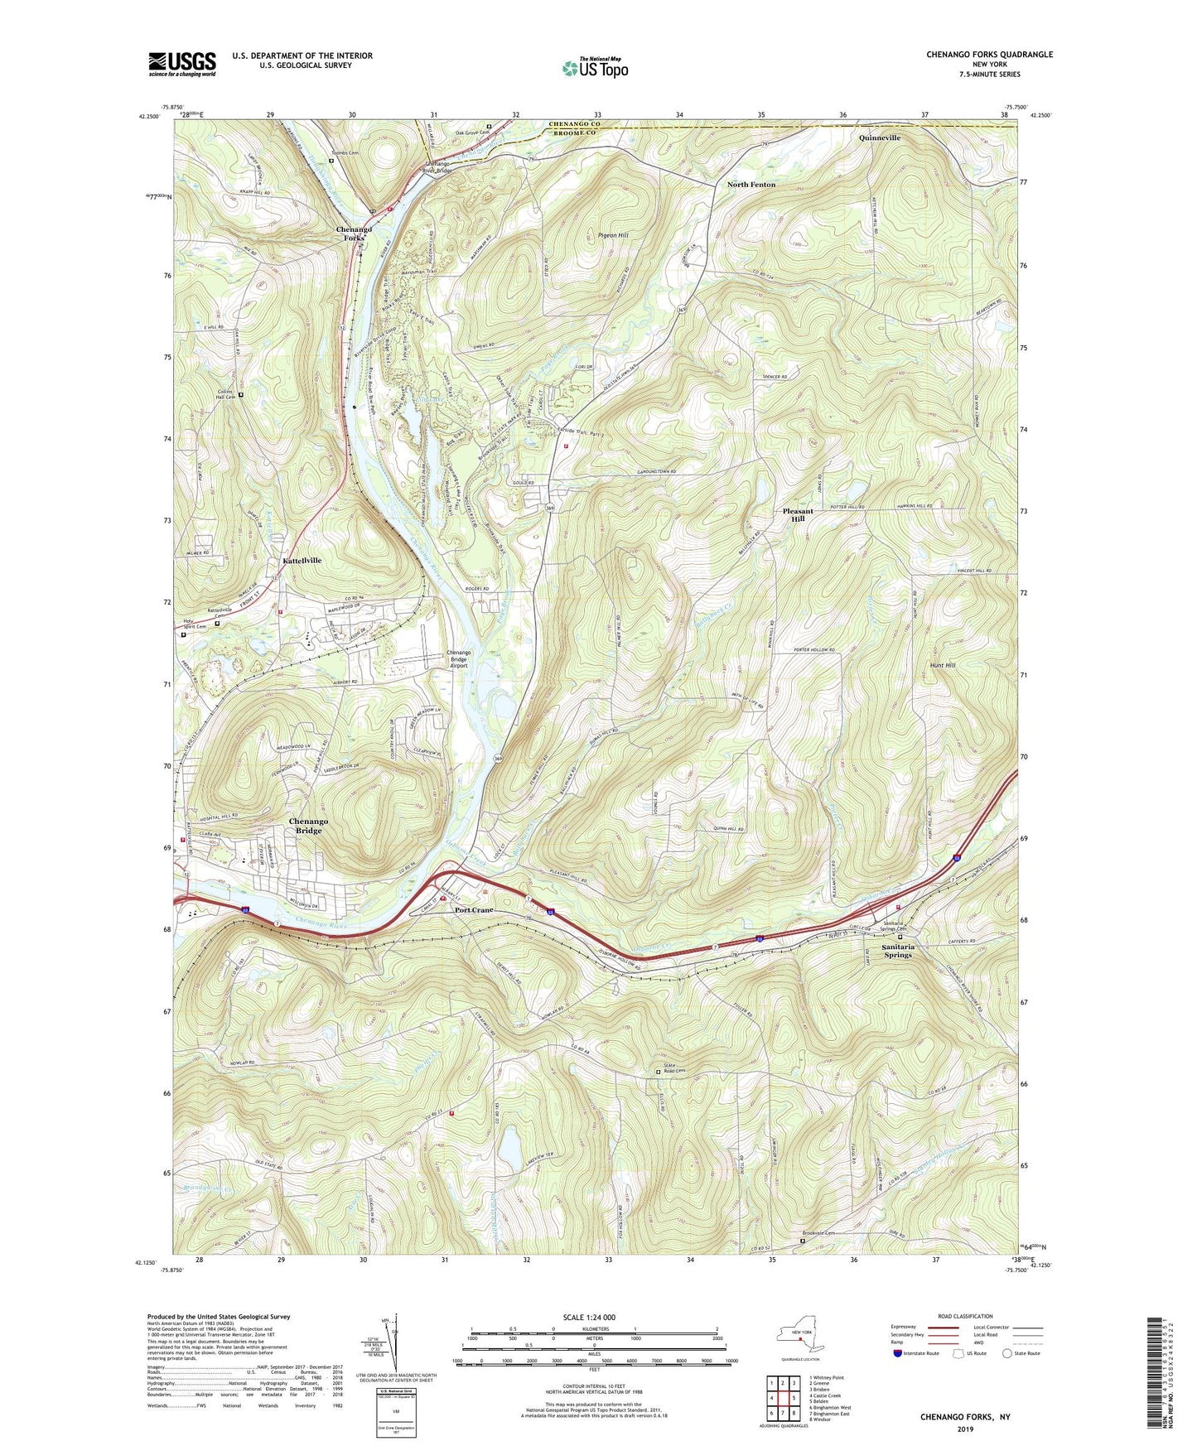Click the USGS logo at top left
[182, 64]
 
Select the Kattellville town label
[302, 561]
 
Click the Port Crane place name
[474, 910]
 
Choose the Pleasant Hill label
[798, 515]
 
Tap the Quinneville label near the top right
[879, 137]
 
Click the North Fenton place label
[751, 185]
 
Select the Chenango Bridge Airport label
[458, 659]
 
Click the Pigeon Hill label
[613, 236]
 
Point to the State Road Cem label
[674, 1071]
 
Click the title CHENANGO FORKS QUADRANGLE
[989, 55]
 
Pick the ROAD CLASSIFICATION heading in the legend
[965, 1317]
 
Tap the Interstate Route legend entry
[920, 1353]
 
